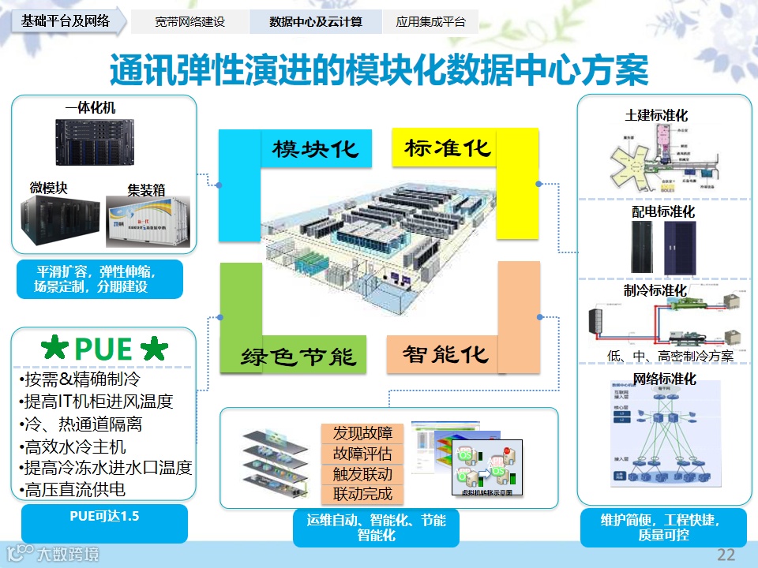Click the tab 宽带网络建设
[190, 22]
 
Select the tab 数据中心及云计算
[315, 22]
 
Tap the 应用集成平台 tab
[430, 22]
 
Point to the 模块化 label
[316, 148]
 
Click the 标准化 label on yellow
[448, 148]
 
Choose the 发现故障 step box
[362, 433]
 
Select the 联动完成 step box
[362, 495]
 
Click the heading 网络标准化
[665, 379]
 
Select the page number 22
[726, 555]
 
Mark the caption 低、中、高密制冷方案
[670, 356]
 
